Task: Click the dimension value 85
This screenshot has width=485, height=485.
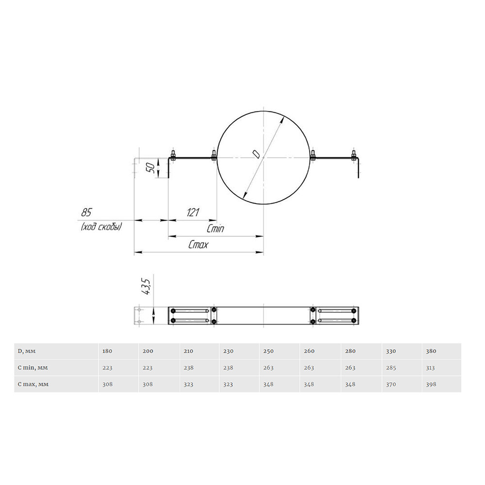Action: pyautogui.click(x=87, y=212)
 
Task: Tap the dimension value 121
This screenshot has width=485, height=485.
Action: pyautogui.click(x=193, y=212)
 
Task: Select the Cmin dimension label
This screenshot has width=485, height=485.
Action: pyautogui.click(x=215, y=229)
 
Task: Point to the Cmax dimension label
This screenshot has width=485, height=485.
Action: pyautogui.click(x=198, y=245)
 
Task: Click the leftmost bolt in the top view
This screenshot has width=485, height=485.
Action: pyautogui.click(x=173, y=155)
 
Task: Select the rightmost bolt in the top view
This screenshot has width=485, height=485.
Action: pyautogui.click(x=354, y=155)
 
